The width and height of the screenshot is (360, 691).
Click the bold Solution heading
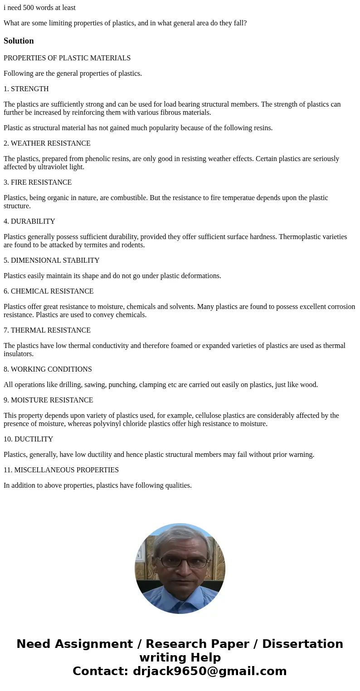[x=19, y=41]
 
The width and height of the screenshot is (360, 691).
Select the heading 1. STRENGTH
[x=26, y=89]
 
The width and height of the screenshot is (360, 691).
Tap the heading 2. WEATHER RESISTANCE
[x=47, y=143]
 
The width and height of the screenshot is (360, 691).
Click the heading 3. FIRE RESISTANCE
[x=38, y=182]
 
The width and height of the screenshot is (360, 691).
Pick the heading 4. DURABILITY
[x=29, y=221]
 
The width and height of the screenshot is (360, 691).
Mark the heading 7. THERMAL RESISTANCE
[x=47, y=330]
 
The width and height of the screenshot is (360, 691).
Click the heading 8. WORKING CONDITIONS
[x=48, y=369]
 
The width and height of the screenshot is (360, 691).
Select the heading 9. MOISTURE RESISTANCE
[x=49, y=400]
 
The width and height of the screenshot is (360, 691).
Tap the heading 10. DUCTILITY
[x=29, y=439]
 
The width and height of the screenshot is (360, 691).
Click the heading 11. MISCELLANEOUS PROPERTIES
[x=61, y=470]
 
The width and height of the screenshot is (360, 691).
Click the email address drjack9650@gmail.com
[x=209, y=671]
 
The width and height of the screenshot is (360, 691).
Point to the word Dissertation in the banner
[x=302, y=644]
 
